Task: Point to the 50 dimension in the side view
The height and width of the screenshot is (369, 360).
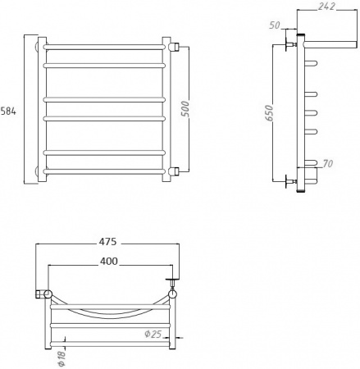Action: pyautogui.click(x=276, y=25)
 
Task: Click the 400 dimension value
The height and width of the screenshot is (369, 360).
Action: pyautogui.click(x=109, y=261)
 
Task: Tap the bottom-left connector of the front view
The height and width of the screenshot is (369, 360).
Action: pyautogui.click(x=40, y=172)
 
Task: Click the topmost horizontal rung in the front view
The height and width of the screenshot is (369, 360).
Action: pyautogui.click(x=106, y=46)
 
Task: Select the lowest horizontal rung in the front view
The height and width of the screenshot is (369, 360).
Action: pyautogui.click(x=106, y=169)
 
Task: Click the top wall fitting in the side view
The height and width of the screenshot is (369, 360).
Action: pyautogui.click(x=289, y=42)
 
